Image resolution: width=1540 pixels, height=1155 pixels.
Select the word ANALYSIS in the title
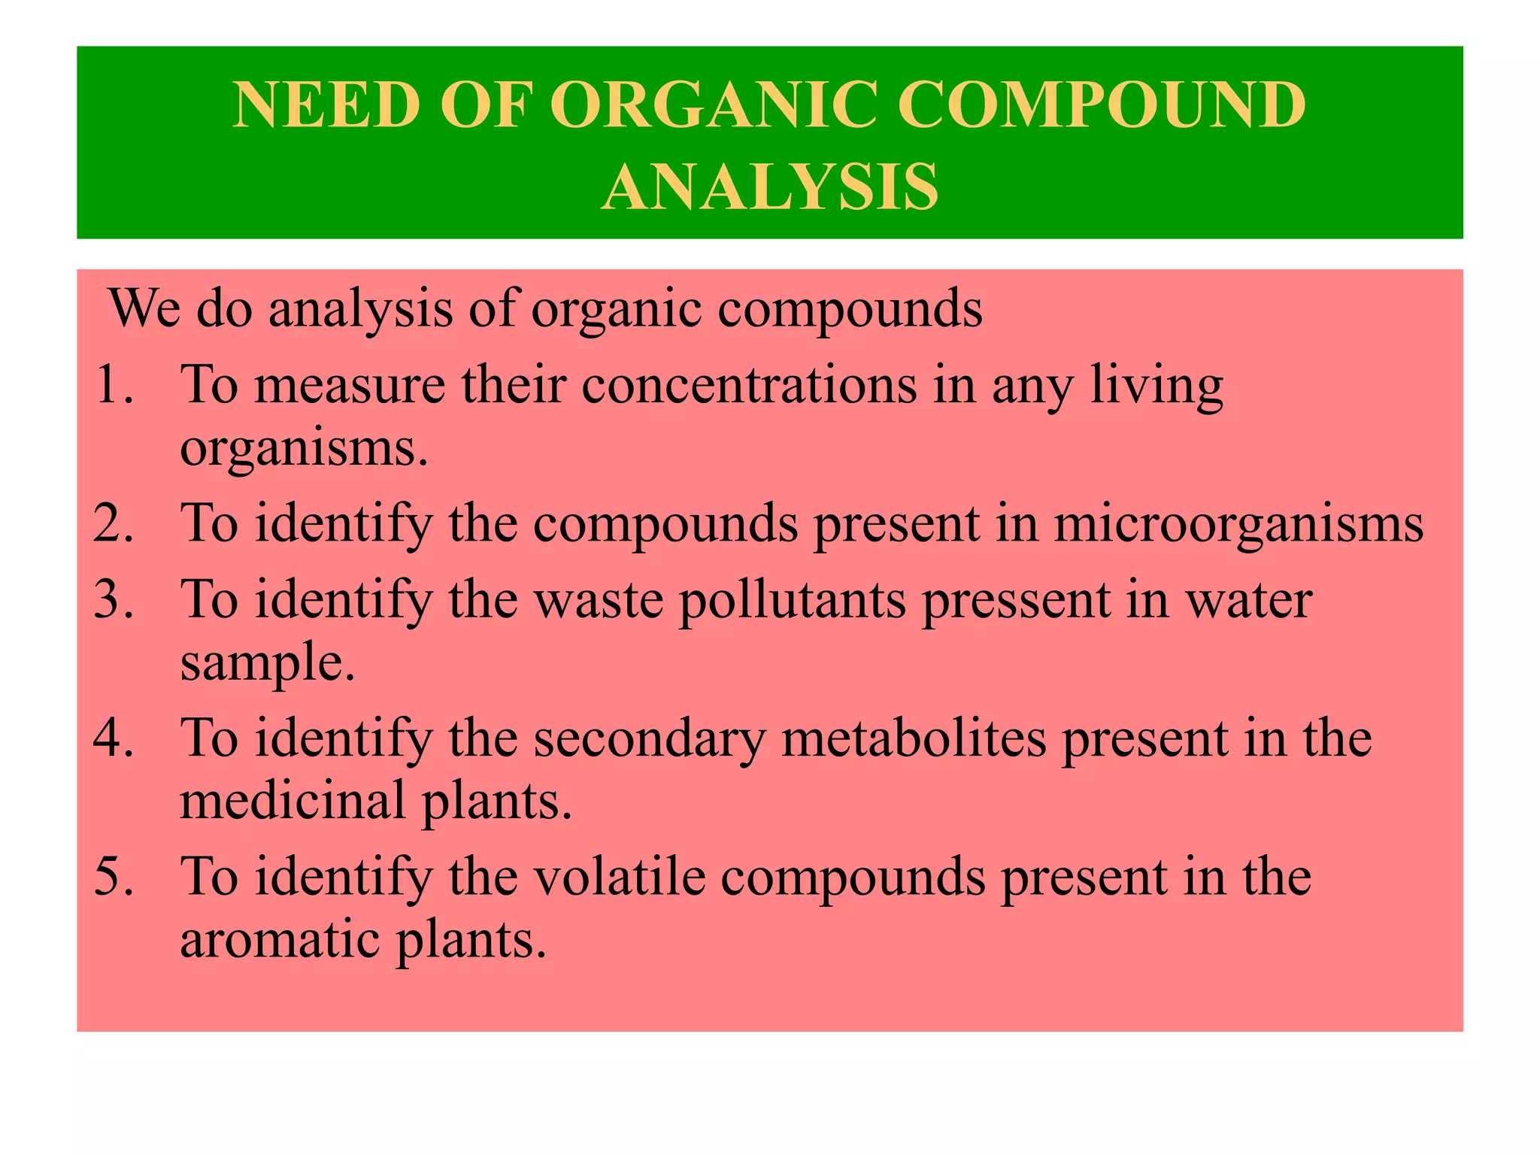(x=770, y=186)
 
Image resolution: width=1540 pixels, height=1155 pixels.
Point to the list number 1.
(x=113, y=385)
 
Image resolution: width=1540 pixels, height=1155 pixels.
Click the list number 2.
(x=113, y=523)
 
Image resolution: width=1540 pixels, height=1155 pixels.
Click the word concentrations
(x=749, y=385)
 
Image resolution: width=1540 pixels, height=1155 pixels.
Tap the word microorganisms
(x=1238, y=525)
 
